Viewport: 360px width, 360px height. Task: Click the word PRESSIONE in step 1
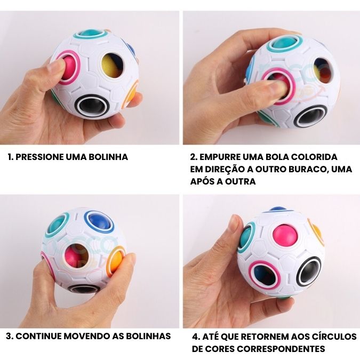39,157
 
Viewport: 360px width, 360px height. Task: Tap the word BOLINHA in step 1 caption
110,157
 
